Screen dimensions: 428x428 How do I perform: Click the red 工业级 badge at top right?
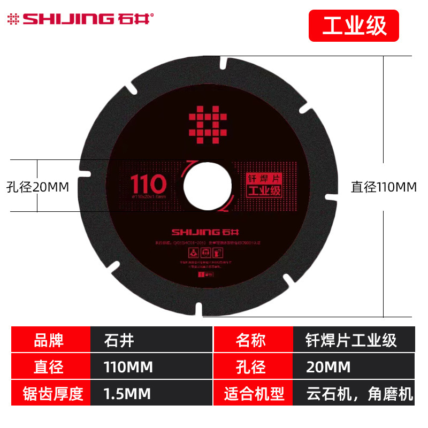tap(354, 26)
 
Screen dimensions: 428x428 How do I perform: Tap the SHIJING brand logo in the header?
tap(80, 19)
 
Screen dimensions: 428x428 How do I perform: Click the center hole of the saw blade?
tap(208, 186)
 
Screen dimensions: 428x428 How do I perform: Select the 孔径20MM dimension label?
tap(38, 187)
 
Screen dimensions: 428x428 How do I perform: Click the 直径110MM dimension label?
tap(384, 187)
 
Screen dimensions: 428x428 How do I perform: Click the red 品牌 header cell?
tap(51, 340)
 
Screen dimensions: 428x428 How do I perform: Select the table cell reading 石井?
tap(151, 340)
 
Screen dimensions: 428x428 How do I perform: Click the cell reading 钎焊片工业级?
tap(353, 340)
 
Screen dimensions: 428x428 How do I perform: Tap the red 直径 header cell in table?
tap(51, 367)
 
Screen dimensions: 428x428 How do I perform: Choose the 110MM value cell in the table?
tap(151, 367)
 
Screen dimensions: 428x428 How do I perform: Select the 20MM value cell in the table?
tap(353, 367)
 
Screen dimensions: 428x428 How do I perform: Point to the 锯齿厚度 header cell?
tap(51, 394)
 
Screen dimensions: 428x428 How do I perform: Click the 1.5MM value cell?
tap(151, 394)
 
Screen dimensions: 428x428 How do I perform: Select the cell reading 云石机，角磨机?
tap(353, 394)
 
